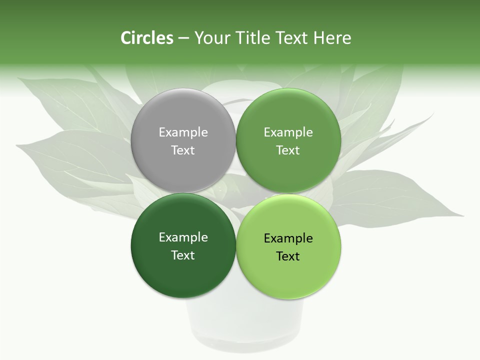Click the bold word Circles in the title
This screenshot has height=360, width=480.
(146, 38)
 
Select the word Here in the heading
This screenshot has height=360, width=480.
(332, 38)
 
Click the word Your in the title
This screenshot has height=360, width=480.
(212, 38)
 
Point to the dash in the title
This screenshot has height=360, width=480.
(183, 38)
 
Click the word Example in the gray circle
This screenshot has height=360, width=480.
(183, 132)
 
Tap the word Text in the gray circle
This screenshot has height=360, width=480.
(183, 150)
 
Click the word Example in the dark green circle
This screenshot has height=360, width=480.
(183, 237)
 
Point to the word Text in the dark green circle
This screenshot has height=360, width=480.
(183, 255)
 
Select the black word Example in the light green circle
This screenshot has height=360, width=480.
(288, 238)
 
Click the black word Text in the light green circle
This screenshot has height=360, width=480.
(288, 256)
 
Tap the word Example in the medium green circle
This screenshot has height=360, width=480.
(288, 132)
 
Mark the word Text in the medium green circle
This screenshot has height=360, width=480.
(288, 150)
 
